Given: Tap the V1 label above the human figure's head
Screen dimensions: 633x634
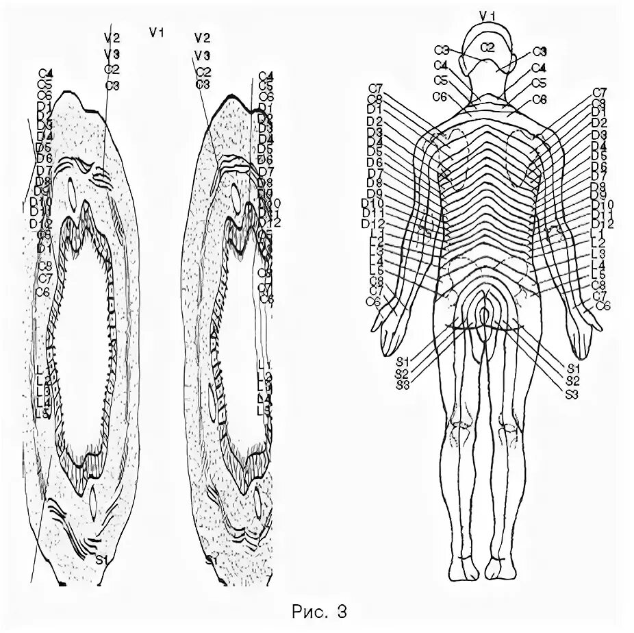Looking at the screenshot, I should click(x=487, y=14).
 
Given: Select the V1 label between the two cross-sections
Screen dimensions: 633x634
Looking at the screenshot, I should click(x=157, y=32).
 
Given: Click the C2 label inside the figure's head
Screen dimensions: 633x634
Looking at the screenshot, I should click(x=487, y=47).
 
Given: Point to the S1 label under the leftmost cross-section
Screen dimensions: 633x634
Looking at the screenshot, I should click(x=102, y=560).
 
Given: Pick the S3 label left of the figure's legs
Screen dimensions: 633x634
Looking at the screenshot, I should click(x=402, y=384).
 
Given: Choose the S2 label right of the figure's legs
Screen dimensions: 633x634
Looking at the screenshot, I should click(x=573, y=382).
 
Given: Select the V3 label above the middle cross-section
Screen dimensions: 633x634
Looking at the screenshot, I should click(x=202, y=54).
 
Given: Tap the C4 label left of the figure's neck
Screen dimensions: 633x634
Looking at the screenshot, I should click(x=442, y=66).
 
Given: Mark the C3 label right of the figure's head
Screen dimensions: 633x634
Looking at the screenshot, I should click(x=540, y=51).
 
